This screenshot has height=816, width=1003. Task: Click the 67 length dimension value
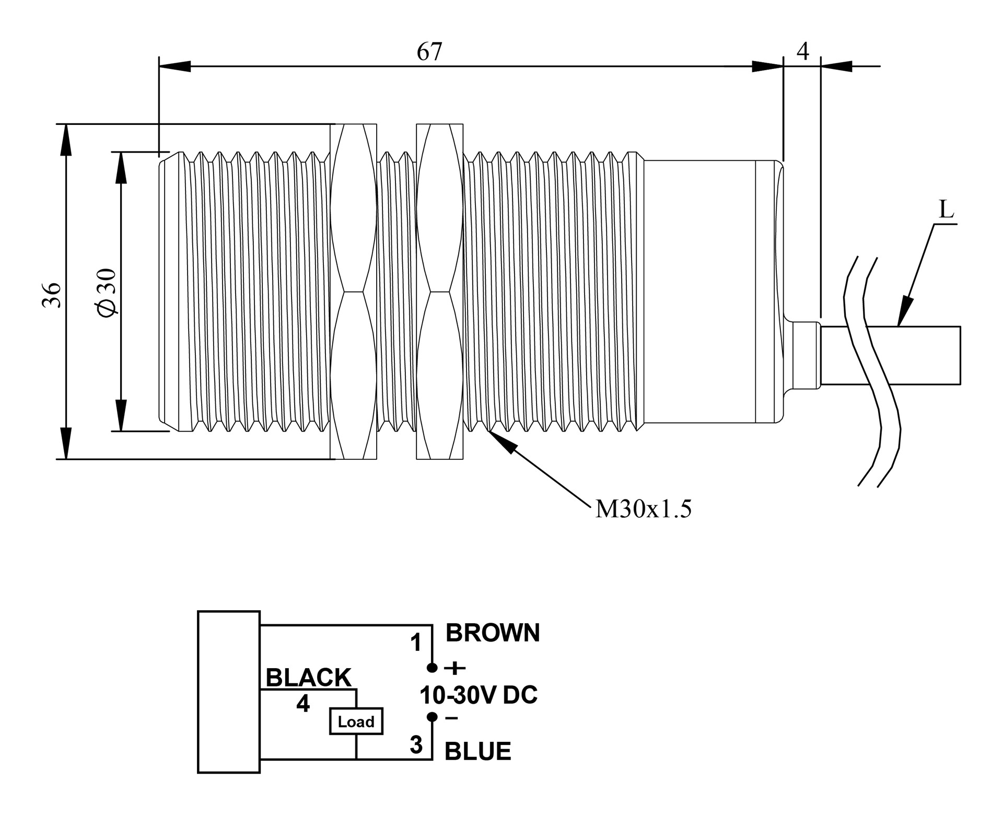[429, 52]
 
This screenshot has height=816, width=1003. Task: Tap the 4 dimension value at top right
[803, 52]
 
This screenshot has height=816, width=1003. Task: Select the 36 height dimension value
[52, 295]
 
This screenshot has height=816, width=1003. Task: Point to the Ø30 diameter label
[107, 293]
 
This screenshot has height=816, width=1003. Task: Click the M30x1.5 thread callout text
[643, 508]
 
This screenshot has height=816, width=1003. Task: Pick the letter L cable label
[946, 210]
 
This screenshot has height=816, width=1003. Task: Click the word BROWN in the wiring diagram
[492, 633]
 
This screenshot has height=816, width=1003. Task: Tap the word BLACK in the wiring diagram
[308, 678]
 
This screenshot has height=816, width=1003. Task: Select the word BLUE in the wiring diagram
[477, 751]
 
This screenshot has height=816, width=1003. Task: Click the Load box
[356, 721]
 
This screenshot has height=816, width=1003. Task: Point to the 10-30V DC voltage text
[479, 695]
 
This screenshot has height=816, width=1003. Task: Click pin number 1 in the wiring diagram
[416, 643]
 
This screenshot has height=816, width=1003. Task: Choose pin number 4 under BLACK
[303, 704]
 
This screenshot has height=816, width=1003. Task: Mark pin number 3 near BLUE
[416, 745]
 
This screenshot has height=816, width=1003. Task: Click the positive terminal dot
[432, 667]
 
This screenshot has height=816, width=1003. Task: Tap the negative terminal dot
[432, 717]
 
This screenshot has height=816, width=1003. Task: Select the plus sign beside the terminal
[454, 667]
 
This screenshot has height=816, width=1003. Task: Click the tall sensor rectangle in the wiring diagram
[229, 692]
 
